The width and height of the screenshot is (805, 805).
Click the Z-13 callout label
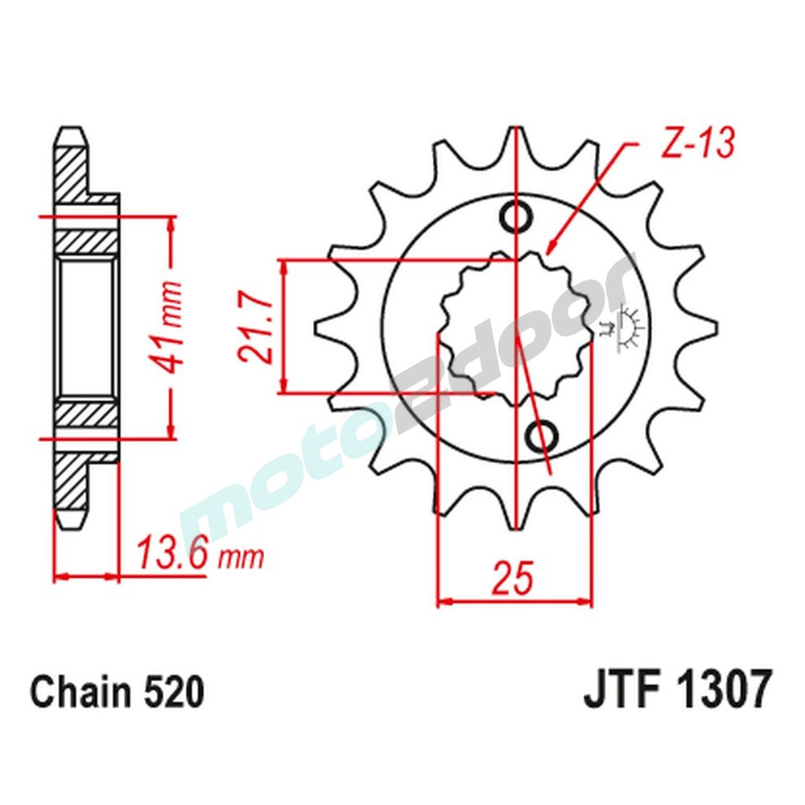point(697,144)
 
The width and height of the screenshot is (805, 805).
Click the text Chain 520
point(117,691)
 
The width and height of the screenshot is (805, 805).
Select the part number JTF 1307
point(677,691)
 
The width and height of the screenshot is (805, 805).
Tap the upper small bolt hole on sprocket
point(515,215)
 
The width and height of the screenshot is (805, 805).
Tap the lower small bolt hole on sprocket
point(542,436)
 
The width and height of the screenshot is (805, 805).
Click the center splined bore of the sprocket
point(515,326)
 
